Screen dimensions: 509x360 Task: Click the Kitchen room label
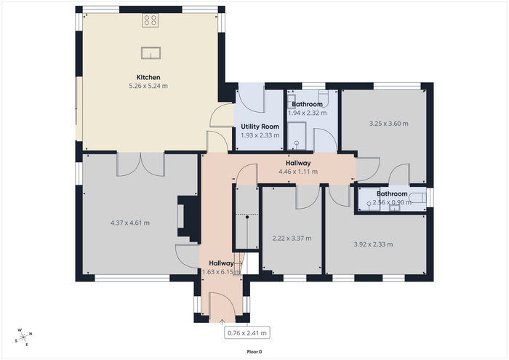[148, 77]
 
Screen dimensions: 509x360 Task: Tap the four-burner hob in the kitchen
[150, 20]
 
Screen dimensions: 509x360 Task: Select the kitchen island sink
[151, 53]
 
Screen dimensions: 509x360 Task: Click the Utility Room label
[260, 127]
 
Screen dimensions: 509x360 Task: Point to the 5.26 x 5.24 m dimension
[148, 86]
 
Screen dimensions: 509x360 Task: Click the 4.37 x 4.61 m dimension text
[130, 223]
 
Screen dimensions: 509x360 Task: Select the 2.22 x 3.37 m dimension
[292, 239]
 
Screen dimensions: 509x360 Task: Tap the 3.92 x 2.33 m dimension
[373, 244]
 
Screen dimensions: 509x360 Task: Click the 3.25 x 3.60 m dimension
[389, 124]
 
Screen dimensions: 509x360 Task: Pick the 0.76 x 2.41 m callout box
[247, 333]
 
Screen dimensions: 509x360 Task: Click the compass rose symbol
[23, 337]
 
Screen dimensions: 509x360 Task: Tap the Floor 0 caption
[254, 352]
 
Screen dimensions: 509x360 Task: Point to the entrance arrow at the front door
[222, 321]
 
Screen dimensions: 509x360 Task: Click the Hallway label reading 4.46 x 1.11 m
[298, 167]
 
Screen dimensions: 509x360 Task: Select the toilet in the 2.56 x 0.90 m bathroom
[418, 197]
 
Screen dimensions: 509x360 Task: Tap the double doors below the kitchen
[140, 164]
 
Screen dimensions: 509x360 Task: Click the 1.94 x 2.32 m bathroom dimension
[307, 113]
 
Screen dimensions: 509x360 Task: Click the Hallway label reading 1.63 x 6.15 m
[221, 268]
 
